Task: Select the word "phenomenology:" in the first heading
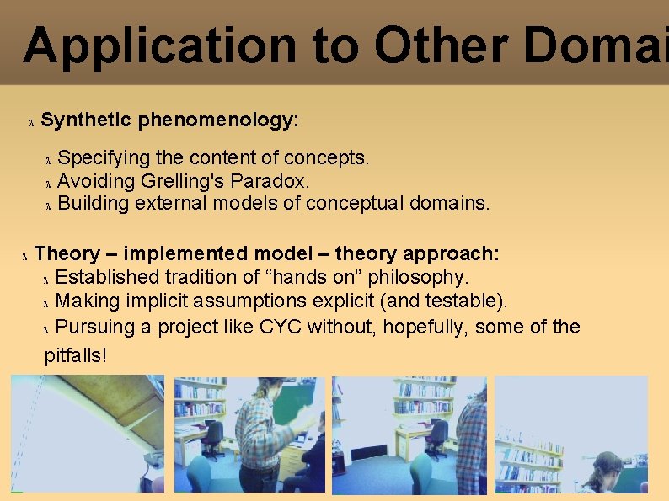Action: [218, 120]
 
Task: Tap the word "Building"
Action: [93, 204]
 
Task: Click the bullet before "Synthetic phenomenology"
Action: [31, 123]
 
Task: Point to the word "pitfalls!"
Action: [76, 355]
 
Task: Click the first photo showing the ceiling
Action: [88, 434]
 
